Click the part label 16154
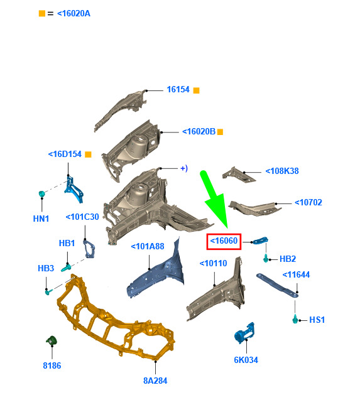(x=178, y=89)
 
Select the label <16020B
(x=199, y=131)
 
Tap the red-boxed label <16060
(x=224, y=241)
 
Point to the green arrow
(x=214, y=199)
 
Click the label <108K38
(x=282, y=171)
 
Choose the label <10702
(x=308, y=202)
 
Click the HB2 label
(x=288, y=259)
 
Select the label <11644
(x=296, y=274)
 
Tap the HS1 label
(x=317, y=320)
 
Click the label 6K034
(x=246, y=360)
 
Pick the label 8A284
(x=155, y=381)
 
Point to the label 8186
(x=52, y=365)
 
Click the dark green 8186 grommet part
(x=52, y=340)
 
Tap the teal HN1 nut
(x=41, y=193)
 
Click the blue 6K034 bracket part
(x=244, y=333)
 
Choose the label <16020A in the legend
(x=74, y=13)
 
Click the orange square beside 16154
(x=197, y=90)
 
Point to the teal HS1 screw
(x=295, y=319)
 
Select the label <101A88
(x=148, y=246)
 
